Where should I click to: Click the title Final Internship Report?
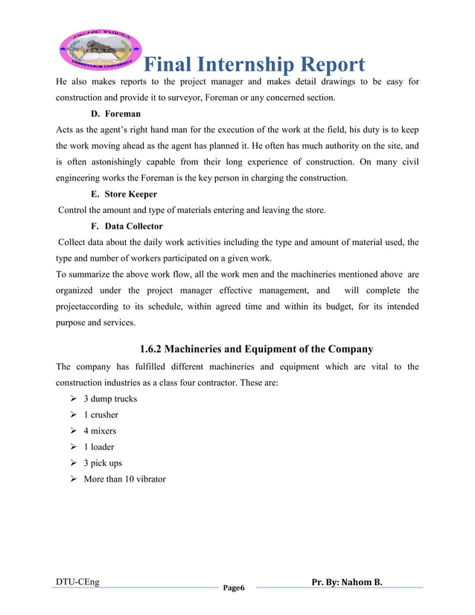coord(254,65)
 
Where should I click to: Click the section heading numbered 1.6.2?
coord(256,348)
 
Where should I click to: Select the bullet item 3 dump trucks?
coord(110,398)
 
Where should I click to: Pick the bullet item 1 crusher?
coord(101,415)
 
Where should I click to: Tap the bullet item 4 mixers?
coord(100,431)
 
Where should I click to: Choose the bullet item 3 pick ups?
coord(103,463)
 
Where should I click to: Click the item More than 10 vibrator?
coord(124,479)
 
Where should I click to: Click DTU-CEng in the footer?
coord(77,581)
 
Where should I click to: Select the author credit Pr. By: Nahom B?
coord(347,581)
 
